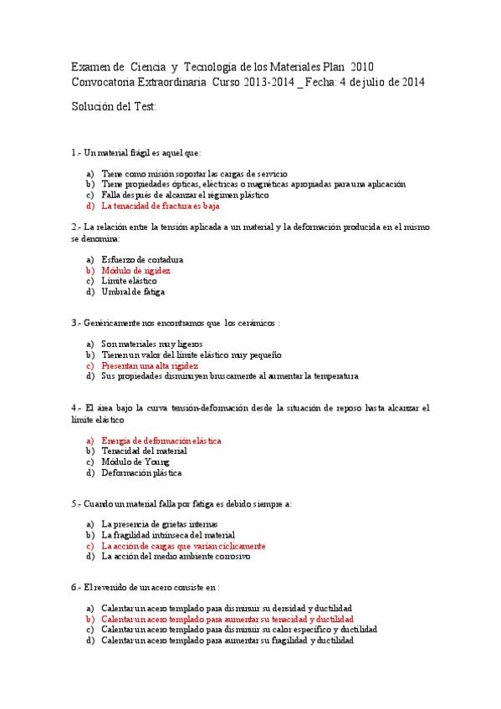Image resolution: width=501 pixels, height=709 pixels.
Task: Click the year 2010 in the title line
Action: (x=362, y=66)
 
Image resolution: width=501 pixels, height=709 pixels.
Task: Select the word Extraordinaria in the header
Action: (x=172, y=82)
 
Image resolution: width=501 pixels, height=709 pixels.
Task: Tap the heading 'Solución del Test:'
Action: (x=114, y=106)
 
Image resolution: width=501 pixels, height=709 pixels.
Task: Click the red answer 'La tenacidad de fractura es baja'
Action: (x=161, y=205)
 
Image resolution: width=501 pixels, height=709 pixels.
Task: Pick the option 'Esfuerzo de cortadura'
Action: (x=142, y=260)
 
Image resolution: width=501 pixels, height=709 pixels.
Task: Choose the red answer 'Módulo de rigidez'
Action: (x=135, y=271)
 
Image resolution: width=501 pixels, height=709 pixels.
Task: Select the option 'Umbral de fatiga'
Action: (x=133, y=293)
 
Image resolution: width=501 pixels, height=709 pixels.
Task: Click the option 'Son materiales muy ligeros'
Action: (x=151, y=344)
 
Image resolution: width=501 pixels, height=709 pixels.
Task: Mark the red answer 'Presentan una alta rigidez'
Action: (x=150, y=365)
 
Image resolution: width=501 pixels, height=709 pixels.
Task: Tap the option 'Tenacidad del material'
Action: (x=144, y=451)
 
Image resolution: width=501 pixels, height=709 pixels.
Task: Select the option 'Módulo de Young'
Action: (x=135, y=462)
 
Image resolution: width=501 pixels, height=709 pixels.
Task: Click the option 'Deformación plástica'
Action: (x=141, y=472)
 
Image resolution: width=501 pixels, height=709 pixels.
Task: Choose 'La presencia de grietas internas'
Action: (x=159, y=524)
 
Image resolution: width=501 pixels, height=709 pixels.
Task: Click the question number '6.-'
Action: (x=77, y=588)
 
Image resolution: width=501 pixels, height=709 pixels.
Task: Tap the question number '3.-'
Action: (x=77, y=322)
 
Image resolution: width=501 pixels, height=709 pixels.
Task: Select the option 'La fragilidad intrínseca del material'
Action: (x=168, y=535)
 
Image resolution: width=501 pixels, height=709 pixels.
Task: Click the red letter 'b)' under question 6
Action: (x=90, y=620)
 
